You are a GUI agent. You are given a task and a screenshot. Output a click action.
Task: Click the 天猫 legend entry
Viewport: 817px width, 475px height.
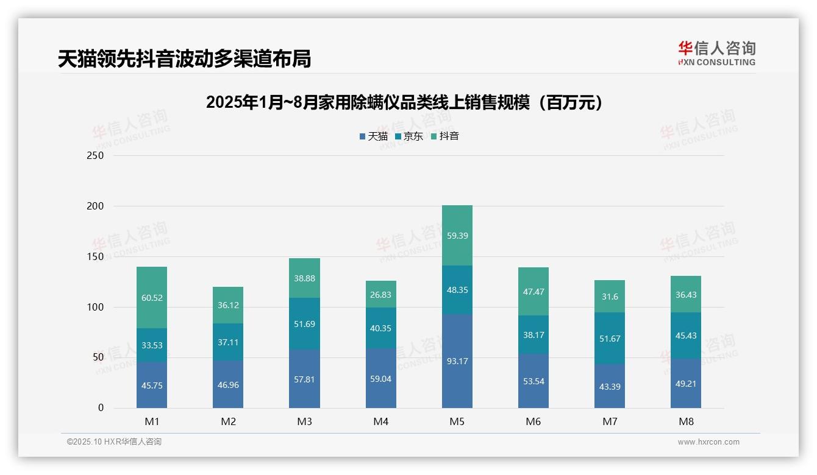[374, 136]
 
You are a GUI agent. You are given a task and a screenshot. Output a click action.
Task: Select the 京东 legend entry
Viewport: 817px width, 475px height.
[409, 136]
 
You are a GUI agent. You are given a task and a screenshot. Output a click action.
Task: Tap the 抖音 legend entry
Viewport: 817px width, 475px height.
[445, 136]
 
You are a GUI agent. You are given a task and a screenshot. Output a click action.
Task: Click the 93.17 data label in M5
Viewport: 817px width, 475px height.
[457, 361]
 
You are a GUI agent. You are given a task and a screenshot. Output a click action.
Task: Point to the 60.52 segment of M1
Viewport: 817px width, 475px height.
[152, 298]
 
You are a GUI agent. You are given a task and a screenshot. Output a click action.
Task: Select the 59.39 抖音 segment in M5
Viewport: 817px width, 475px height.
[457, 236]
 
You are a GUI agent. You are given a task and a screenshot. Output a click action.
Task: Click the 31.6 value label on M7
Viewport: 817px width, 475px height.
[610, 297]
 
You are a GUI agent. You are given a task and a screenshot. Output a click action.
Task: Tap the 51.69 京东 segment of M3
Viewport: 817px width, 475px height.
[304, 324]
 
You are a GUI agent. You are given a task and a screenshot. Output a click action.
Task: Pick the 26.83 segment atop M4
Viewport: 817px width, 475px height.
[381, 294]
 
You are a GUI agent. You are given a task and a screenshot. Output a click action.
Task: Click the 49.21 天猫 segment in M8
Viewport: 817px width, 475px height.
[686, 384]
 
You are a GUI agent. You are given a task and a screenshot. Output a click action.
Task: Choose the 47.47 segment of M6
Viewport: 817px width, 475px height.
[533, 292]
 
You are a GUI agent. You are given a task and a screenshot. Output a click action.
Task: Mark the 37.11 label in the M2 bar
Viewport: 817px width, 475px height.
[228, 342]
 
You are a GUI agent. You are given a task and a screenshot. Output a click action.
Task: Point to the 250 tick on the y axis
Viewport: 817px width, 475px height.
[96, 155]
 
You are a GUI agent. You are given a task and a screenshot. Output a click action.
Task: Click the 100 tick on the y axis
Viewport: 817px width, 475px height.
[96, 307]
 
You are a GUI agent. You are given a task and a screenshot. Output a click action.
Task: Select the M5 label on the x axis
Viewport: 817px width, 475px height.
[457, 421]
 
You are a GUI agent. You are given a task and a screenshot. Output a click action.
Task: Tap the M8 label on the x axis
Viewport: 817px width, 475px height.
[686, 421]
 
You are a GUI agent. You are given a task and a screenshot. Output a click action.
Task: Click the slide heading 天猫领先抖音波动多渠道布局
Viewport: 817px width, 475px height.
[184, 59]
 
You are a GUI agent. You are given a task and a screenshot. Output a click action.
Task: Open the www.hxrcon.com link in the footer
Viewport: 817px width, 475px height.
[708, 442]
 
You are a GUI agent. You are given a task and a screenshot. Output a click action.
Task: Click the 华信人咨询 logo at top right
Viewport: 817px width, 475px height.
[716, 53]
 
